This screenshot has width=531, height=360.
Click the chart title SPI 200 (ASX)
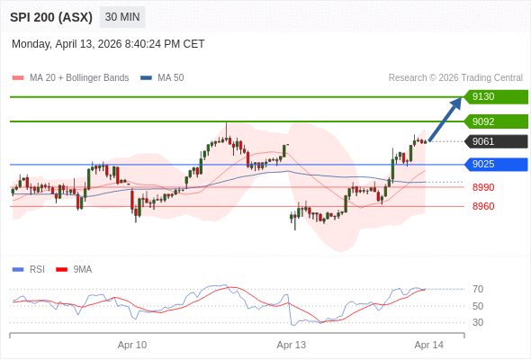click(x=50, y=17)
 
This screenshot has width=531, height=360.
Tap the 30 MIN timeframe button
click(x=121, y=17)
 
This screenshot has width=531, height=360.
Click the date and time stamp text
click(x=108, y=44)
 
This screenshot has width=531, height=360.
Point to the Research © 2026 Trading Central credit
click(x=455, y=78)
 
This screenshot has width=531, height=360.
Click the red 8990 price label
click(x=483, y=187)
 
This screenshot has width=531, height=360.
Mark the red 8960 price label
click(x=483, y=206)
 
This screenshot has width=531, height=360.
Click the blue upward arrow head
click(x=458, y=101)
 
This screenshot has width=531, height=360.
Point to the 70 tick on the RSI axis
click(x=478, y=289)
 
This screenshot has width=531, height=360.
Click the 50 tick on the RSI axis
click(x=478, y=306)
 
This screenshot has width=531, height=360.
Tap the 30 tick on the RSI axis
click(x=478, y=322)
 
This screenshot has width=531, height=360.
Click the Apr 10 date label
click(x=132, y=345)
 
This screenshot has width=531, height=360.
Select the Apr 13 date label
click(x=292, y=345)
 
